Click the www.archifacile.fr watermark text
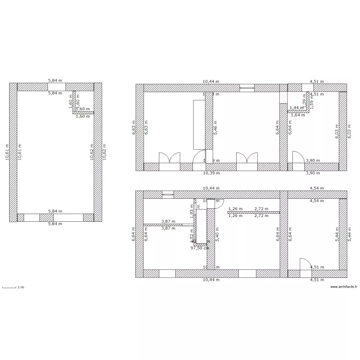click(345, 288)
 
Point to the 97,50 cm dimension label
click(200, 248)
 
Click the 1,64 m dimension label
click(298, 115)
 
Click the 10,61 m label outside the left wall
click(7, 152)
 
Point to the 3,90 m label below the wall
click(313, 173)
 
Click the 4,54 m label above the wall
click(316, 189)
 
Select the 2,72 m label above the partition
click(261, 209)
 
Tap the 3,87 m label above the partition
click(168, 221)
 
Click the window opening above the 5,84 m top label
click(54, 87)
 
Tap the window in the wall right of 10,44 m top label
click(246, 88)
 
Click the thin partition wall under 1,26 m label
click(254, 213)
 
